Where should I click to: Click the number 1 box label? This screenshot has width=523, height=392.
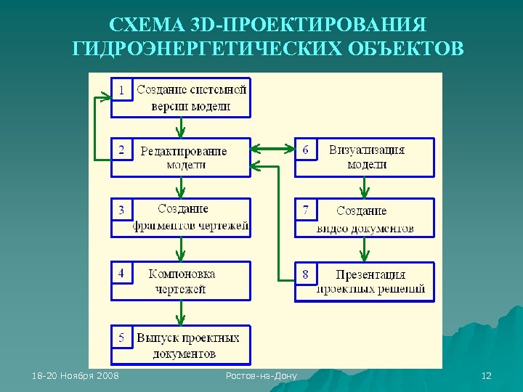coord(121,90)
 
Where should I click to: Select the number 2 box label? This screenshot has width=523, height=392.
coord(121,150)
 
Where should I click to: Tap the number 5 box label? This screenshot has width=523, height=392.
coord(121,338)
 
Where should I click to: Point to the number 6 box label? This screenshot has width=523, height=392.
coord(305,150)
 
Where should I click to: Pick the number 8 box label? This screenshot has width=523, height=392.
coord(305,274)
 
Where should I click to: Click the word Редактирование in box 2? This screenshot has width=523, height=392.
coord(183,151)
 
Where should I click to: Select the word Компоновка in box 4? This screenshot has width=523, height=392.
coord(182,274)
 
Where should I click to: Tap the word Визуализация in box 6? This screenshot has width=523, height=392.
coord(366,150)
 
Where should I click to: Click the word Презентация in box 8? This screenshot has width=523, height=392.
coord(370,275)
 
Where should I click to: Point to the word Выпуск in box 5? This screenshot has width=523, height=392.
coord(157,338)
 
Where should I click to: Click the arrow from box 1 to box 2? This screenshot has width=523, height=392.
coord(181,127)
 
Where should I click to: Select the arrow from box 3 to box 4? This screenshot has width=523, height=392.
coord(181,249)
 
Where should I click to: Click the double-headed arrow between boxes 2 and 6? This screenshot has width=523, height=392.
coord(272,150)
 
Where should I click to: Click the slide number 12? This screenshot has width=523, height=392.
coord(487,375)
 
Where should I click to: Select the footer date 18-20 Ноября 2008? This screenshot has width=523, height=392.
coord(76,375)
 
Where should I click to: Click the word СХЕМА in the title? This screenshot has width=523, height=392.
coord(142,25)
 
